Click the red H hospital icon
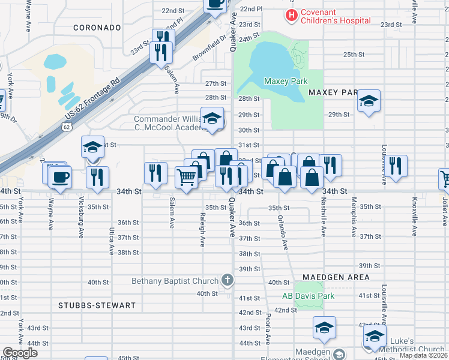tap(292, 14)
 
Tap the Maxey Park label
tap(285, 81)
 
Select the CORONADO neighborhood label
tap(97, 28)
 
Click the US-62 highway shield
tap(67, 127)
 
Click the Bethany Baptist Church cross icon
tap(227, 280)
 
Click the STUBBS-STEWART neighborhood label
tap(97, 305)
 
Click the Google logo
tap(20, 353)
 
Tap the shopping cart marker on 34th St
tap(187, 177)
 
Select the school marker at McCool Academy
tap(211, 118)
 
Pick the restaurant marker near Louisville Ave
tap(394, 164)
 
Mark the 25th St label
tap(354, 55)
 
